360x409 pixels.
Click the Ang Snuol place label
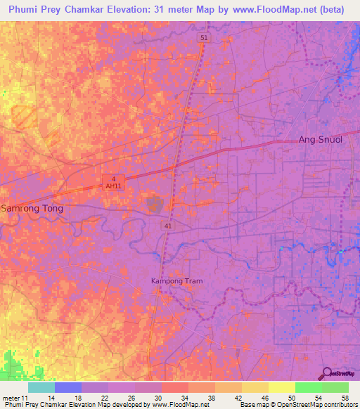coord(321,139)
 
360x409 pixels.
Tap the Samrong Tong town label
coord(32,209)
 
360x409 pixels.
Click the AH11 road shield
coord(112,186)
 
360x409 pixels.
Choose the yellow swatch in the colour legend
coord(281,387)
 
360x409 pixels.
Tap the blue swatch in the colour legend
coord(67,387)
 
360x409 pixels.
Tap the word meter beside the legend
coord(10,398)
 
